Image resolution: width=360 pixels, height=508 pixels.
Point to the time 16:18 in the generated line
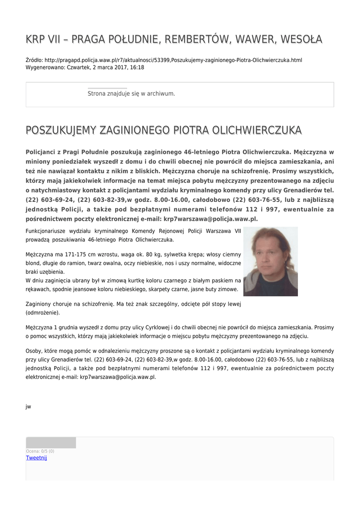click(137, 67)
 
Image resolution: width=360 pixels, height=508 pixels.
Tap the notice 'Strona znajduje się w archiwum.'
click(131, 93)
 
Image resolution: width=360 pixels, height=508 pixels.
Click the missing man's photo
click(270, 261)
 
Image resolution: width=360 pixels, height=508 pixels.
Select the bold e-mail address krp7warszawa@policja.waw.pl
click(211, 218)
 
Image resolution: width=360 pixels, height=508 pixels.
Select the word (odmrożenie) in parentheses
click(43, 313)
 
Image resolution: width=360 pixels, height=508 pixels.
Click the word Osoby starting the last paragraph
click(34, 350)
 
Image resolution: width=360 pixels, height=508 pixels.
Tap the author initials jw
click(28, 406)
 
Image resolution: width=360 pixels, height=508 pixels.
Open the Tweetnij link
click(36, 457)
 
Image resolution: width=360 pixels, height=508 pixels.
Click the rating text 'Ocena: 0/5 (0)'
click(40, 451)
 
